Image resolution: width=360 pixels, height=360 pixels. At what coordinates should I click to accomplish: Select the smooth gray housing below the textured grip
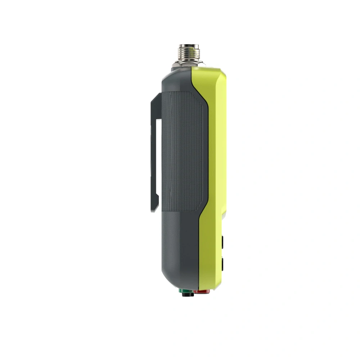point(178,245)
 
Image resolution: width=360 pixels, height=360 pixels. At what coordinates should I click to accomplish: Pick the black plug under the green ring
point(186,295)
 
